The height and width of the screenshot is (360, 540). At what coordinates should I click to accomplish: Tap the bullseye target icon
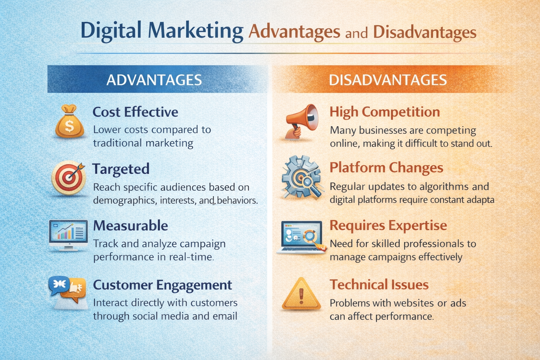(69, 178)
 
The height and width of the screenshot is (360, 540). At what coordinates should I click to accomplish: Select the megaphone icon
(302, 122)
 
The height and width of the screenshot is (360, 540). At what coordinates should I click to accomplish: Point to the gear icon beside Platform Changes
(301, 177)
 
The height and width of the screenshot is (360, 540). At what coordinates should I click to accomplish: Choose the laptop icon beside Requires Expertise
(302, 237)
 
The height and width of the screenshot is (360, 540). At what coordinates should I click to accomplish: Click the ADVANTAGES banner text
(154, 80)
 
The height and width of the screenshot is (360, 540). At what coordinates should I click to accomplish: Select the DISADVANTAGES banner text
(388, 80)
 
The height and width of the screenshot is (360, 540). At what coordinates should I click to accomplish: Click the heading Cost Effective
(135, 112)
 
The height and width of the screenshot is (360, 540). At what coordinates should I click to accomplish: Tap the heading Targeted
(121, 169)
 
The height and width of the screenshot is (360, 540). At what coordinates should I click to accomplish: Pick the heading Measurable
(131, 226)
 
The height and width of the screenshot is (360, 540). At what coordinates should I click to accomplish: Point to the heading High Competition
(385, 112)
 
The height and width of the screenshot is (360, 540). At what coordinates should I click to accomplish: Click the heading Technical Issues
(379, 284)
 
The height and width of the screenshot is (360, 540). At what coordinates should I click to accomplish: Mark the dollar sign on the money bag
(69, 126)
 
